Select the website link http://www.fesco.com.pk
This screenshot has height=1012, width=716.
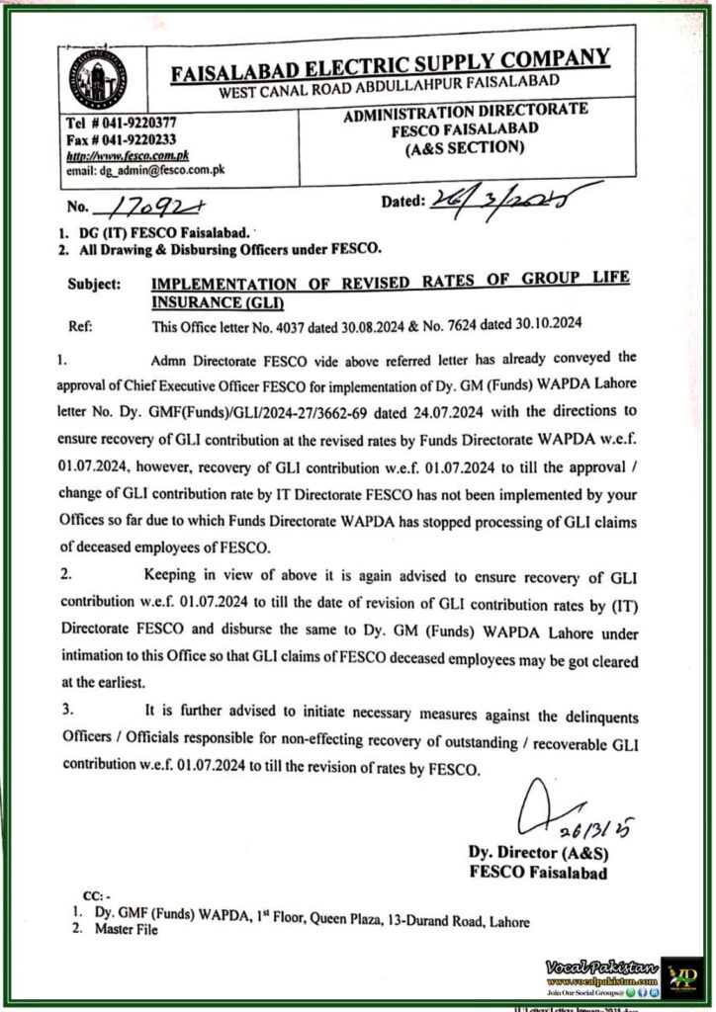(127, 155)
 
